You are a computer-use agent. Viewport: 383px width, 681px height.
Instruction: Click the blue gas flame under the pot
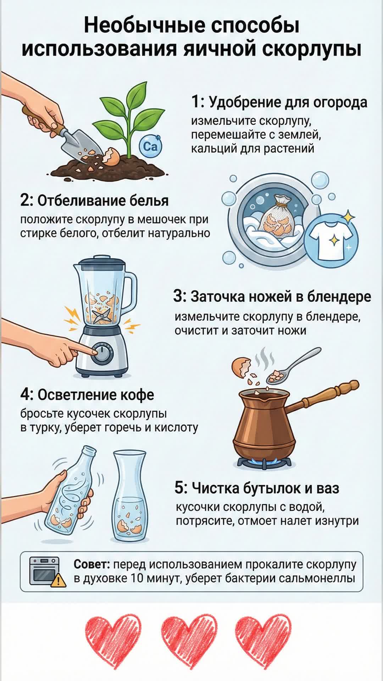(265, 461)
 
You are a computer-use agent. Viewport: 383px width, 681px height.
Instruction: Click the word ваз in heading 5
(328, 488)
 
